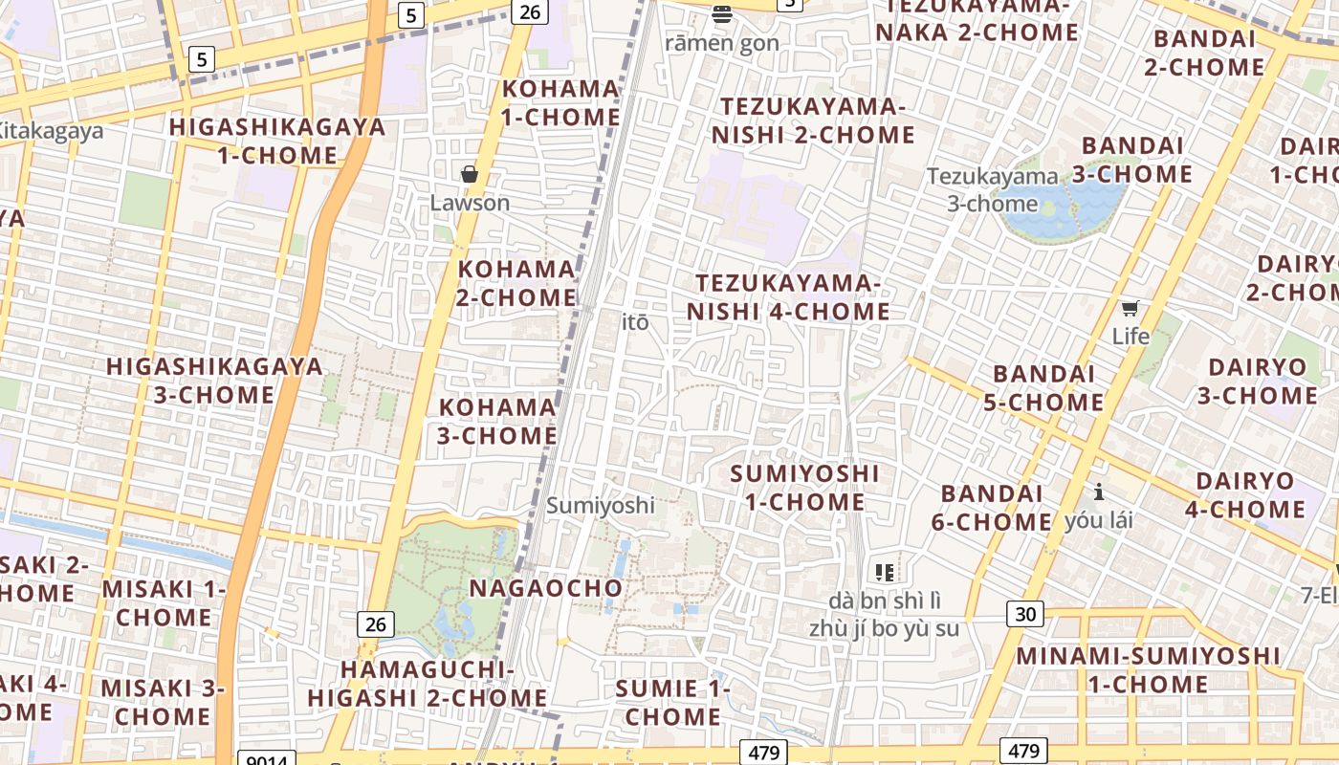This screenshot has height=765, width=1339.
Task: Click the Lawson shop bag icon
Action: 469,174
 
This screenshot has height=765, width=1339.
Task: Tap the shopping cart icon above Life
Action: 1130,308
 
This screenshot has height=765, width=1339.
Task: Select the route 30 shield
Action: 1025,614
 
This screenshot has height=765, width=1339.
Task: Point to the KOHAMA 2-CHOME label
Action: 516,283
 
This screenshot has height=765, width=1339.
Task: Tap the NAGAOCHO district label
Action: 546,588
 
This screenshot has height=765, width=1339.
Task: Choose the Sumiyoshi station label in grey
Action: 601,506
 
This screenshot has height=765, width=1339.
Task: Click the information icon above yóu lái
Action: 1099,492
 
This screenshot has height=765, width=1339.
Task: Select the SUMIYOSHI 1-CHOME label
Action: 804,488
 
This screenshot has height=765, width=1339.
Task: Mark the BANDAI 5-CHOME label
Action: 1043,387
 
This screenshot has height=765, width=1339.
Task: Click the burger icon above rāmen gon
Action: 722,13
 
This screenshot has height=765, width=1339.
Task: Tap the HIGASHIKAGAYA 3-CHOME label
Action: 214,381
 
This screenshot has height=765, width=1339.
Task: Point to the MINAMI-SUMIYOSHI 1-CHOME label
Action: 1148,669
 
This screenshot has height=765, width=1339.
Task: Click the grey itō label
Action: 635,323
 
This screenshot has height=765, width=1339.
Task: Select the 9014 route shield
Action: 263,758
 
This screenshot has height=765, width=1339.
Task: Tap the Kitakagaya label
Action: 50,131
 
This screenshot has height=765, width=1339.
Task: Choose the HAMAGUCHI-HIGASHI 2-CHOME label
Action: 428,684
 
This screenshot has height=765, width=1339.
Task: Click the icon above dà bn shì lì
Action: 885,573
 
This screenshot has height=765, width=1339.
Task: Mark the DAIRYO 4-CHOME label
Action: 1244,494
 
